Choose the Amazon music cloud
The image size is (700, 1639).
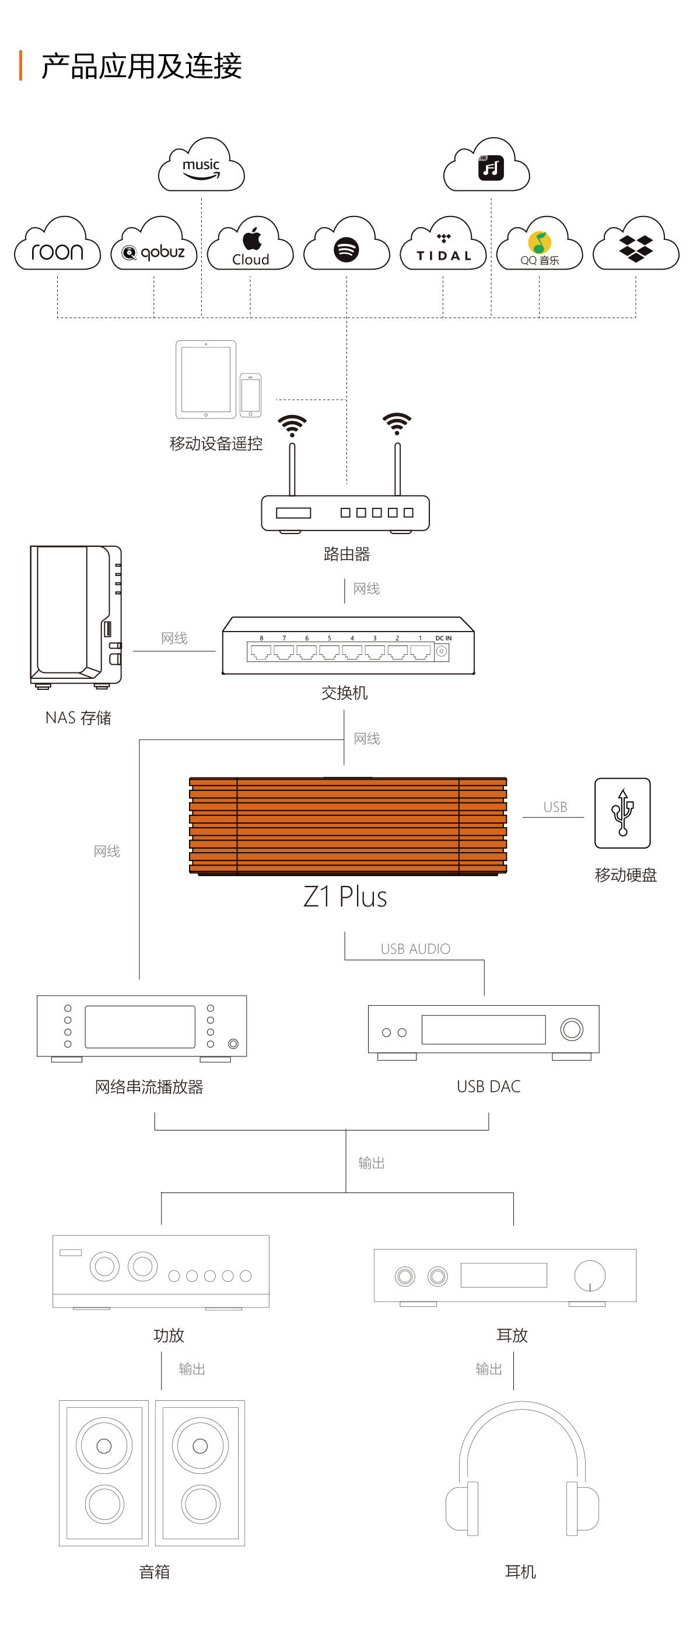coord(202,165)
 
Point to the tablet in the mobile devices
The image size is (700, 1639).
coord(206,380)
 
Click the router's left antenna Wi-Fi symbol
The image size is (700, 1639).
coord(292,425)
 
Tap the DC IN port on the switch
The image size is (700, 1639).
coord(442,651)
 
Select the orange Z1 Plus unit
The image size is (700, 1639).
coord(348,826)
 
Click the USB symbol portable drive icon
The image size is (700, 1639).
coord(622,813)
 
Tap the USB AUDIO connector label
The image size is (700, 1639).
coord(415,948)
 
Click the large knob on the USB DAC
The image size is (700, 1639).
coord(572,1029)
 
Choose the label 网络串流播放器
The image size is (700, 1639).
coord(149,1087)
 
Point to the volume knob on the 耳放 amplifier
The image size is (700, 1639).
coord(590,1275)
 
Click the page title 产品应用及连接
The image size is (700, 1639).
coord(141,66)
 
